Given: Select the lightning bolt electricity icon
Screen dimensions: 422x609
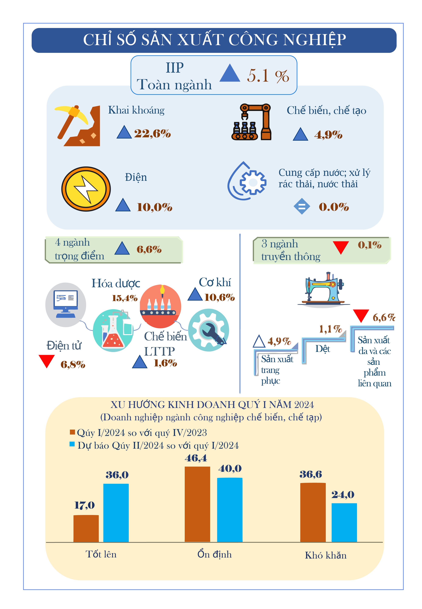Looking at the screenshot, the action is click(x=86, y=189).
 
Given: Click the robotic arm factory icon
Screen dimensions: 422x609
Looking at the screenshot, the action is click(x=251, y=122).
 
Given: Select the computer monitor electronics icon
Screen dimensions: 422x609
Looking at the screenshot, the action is click(x=66, y=305).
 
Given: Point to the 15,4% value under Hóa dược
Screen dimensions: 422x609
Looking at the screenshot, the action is click(x=125, y=298).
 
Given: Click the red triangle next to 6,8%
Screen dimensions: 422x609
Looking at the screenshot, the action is click(x=47, y=361).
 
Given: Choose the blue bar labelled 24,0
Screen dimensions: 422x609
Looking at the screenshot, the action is click(x=344, y=523).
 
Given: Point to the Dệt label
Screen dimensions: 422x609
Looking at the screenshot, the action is click(x=323, y=349).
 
